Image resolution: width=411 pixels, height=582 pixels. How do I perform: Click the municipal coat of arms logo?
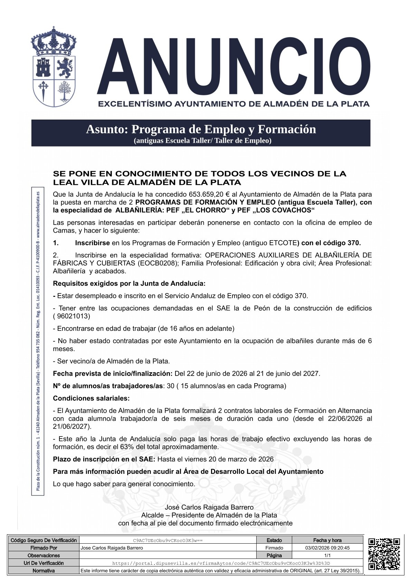[54, 68]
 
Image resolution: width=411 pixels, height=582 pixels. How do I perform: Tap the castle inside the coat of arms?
[44, 67]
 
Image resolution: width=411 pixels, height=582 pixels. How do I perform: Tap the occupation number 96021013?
[74, 316]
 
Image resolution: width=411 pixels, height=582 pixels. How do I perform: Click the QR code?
[384, 554]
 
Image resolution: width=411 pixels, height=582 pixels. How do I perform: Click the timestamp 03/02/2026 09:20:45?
[327, 548]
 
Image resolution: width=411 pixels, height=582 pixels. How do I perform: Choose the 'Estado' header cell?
[274, 540]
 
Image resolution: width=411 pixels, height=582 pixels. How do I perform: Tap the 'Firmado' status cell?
[274, 548]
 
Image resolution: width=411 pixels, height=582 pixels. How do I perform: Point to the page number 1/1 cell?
[327, 555]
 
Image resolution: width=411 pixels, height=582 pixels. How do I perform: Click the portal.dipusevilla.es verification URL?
[221, 563]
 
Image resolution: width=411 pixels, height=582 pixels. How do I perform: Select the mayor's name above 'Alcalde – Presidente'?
[209, 507]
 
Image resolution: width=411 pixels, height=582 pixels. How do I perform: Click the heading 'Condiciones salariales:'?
[91, 398]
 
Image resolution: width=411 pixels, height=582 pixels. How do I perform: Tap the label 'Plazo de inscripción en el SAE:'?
[104, 459]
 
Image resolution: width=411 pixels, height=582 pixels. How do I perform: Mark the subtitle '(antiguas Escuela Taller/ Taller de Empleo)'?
[202, 141]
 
